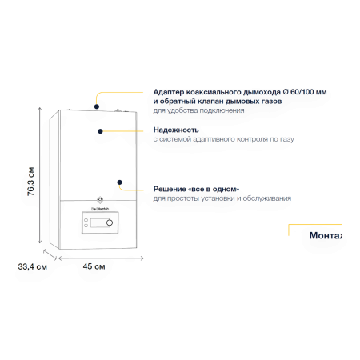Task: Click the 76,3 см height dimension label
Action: [x=31, y=182]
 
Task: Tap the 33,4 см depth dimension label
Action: [x=33, y=266]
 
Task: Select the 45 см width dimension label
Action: [x=94, y=266]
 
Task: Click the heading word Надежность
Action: [x=176, y=130]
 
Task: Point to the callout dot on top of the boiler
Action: [x=97, y=106]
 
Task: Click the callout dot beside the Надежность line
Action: [x=100, y=131]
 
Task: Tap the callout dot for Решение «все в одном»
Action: [x=120, y=182]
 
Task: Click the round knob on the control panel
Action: [x=110, y=222]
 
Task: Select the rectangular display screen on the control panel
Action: [x=98, y=223]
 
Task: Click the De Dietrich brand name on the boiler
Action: [x=100, y=209]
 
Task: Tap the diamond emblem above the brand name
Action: [x=100, y=199]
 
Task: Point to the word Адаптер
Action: [x=169, y=92]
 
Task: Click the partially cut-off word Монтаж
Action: [x=326, y=235]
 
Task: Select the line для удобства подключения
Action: [x=198, y=110]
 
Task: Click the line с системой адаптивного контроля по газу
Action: [x=223, y=139]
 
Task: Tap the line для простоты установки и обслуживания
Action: [x=222, y=198]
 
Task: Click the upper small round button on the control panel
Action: [x=86, y=220]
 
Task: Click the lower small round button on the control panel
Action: [x=86, y=226]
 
